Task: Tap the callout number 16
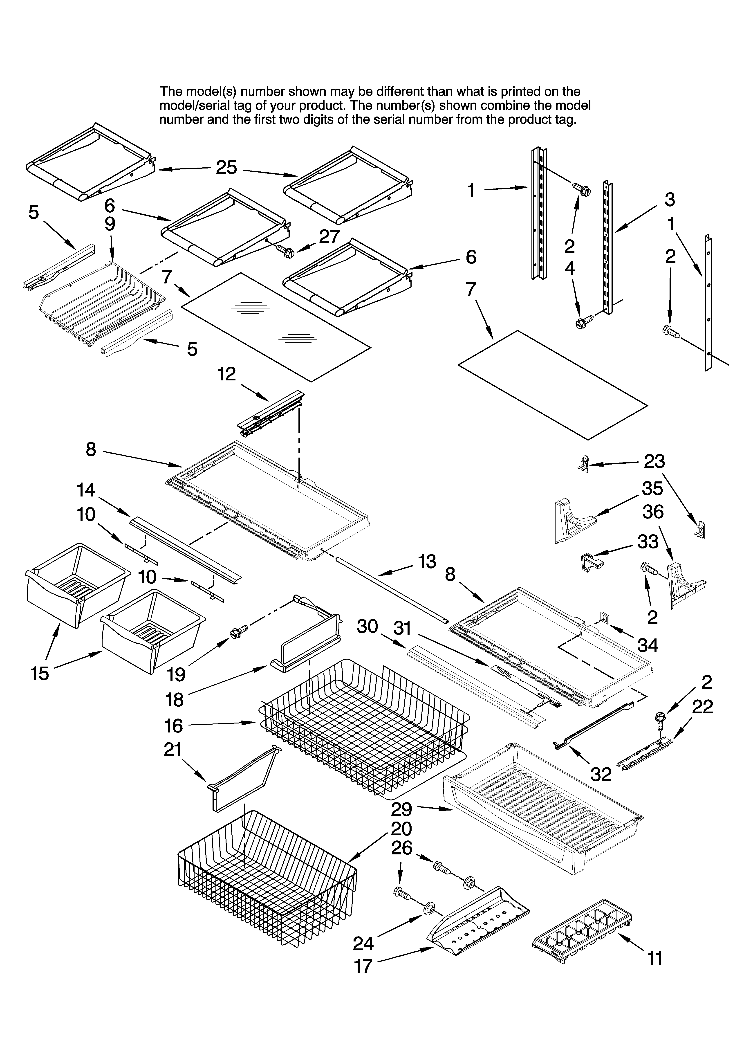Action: [173, 726]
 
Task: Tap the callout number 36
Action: [653, 512]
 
